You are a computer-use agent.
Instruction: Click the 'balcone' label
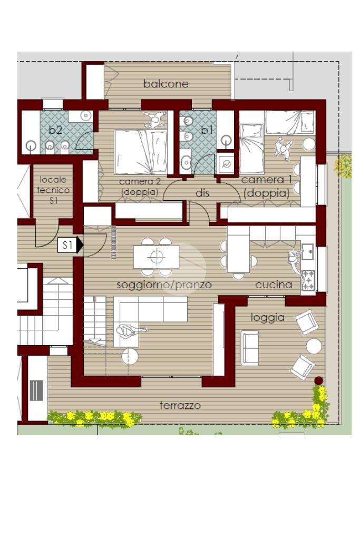[x=166, y=84]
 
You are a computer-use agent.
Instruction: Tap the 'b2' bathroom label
[x=55, y=130]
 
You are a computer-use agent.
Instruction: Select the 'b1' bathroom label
[x=207, y=130]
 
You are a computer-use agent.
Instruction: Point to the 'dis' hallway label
[x=202, y=193]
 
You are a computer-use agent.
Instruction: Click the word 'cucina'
[x=274, y=285]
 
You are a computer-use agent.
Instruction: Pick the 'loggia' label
[x=268, y=318]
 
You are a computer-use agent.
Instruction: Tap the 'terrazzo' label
[x=180, y=405]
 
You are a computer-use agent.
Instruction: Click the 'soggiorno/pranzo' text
[x=164, y=285]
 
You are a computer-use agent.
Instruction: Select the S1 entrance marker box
[x=67, y=246]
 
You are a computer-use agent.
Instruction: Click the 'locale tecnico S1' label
[x=53, y=190]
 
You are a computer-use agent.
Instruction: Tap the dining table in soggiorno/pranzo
[x=157, y=257]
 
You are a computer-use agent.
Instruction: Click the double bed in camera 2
[x=141, y=152]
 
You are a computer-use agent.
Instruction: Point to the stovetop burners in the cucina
[x=308, y=280]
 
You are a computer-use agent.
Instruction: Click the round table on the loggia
[x=314, y=346]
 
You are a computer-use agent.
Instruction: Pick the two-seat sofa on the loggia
[x=250, y=348]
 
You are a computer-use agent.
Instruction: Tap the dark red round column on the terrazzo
[x=319, y=380]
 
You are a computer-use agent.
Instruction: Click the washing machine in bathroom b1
[x=226, y=163]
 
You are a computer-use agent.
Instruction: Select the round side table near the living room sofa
[x=130, y=357]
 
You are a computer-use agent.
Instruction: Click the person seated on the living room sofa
[x=129, y=331]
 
